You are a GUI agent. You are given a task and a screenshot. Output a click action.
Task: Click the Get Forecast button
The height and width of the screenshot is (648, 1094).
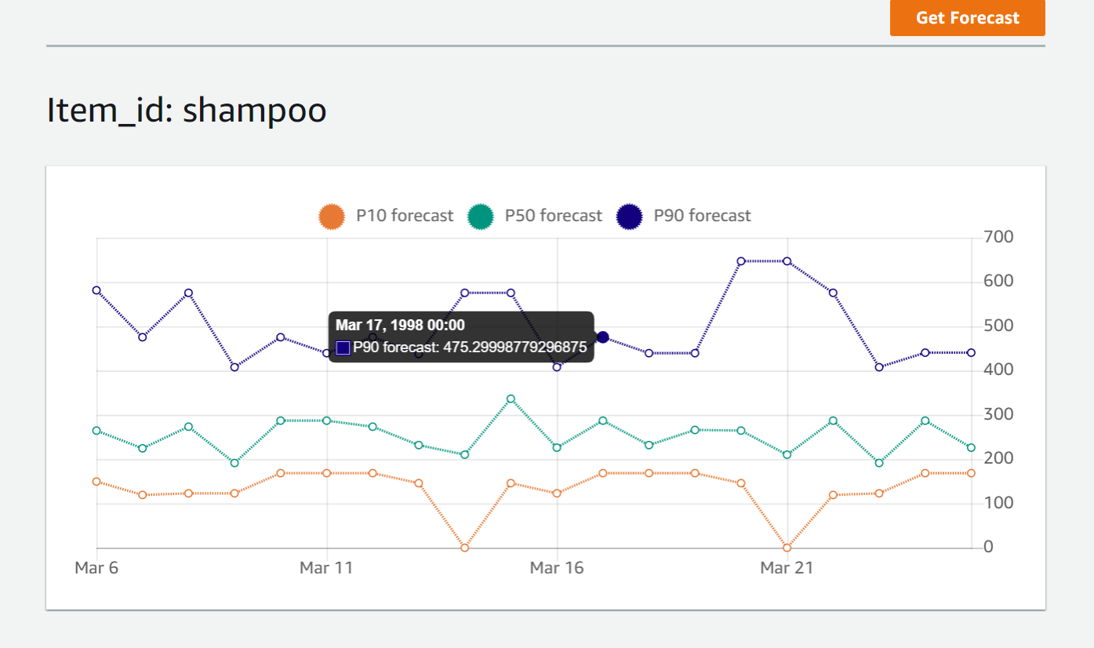pos(967,18)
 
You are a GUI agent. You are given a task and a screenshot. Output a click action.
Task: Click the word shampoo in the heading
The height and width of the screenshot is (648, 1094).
pos(254,111)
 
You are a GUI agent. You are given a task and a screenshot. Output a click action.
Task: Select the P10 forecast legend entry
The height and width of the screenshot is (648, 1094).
pos(386,216)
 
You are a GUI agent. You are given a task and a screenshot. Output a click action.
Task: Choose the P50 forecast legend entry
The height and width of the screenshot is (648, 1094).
pos(535,216)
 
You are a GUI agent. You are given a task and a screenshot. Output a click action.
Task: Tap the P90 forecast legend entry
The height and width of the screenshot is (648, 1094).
pos(684,216)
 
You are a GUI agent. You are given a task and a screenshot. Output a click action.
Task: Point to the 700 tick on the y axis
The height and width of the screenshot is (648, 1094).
pos(999,237)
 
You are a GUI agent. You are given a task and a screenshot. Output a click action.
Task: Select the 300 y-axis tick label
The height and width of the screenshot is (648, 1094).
pos(999,414)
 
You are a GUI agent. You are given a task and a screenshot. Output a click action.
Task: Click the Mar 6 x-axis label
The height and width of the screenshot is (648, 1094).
pos(96,567)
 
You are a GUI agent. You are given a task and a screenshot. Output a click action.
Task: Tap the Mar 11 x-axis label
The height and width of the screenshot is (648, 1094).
pos(326,567)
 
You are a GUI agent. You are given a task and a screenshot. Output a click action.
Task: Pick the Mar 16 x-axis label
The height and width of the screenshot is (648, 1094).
pos(557,567)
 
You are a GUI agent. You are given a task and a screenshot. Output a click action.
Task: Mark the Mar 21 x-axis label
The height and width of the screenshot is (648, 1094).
pos(787,567)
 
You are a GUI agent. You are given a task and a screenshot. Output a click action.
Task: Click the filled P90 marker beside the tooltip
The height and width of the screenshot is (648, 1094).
pos(602,337)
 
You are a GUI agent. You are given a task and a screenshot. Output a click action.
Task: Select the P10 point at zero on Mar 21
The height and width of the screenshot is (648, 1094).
pos(787,548)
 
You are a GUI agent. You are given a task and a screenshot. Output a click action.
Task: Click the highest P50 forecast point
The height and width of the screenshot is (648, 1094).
pos(511,399)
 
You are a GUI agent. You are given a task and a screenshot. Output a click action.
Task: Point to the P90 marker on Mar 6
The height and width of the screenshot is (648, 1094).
pos(96,290)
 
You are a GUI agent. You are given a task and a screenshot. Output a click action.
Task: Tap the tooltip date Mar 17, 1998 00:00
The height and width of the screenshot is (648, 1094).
pos(400,325)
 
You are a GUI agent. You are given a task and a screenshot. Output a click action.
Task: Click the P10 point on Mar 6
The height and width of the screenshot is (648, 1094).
pos(96,482)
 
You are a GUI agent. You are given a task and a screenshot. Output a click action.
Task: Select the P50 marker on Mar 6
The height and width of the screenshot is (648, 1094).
pos(96,431)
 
